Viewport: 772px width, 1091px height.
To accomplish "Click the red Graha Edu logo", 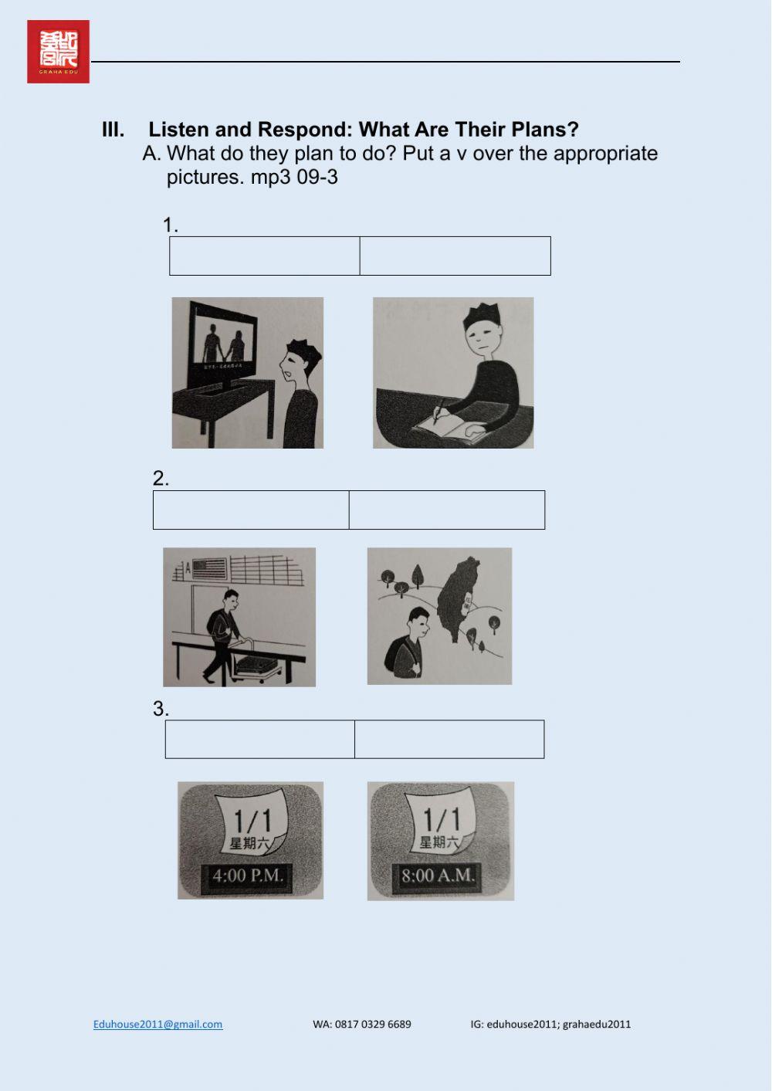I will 58,52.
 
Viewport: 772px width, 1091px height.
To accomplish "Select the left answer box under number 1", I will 264,256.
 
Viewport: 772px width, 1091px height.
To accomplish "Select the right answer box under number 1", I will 455,256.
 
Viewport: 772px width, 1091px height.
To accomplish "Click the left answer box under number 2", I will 251,510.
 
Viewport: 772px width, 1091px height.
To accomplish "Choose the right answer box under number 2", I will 446,510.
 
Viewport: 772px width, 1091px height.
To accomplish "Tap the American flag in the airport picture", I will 210,569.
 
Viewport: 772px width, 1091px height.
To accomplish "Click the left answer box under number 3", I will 260,740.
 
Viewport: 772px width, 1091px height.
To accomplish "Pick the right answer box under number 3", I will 449,740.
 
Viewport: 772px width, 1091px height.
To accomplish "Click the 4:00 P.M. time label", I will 248,876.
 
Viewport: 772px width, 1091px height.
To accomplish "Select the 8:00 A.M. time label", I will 437,876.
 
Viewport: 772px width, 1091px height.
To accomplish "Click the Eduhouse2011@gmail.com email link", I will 157,1025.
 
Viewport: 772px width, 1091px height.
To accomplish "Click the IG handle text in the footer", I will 550,1025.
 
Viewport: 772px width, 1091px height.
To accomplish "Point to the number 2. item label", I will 161,479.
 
